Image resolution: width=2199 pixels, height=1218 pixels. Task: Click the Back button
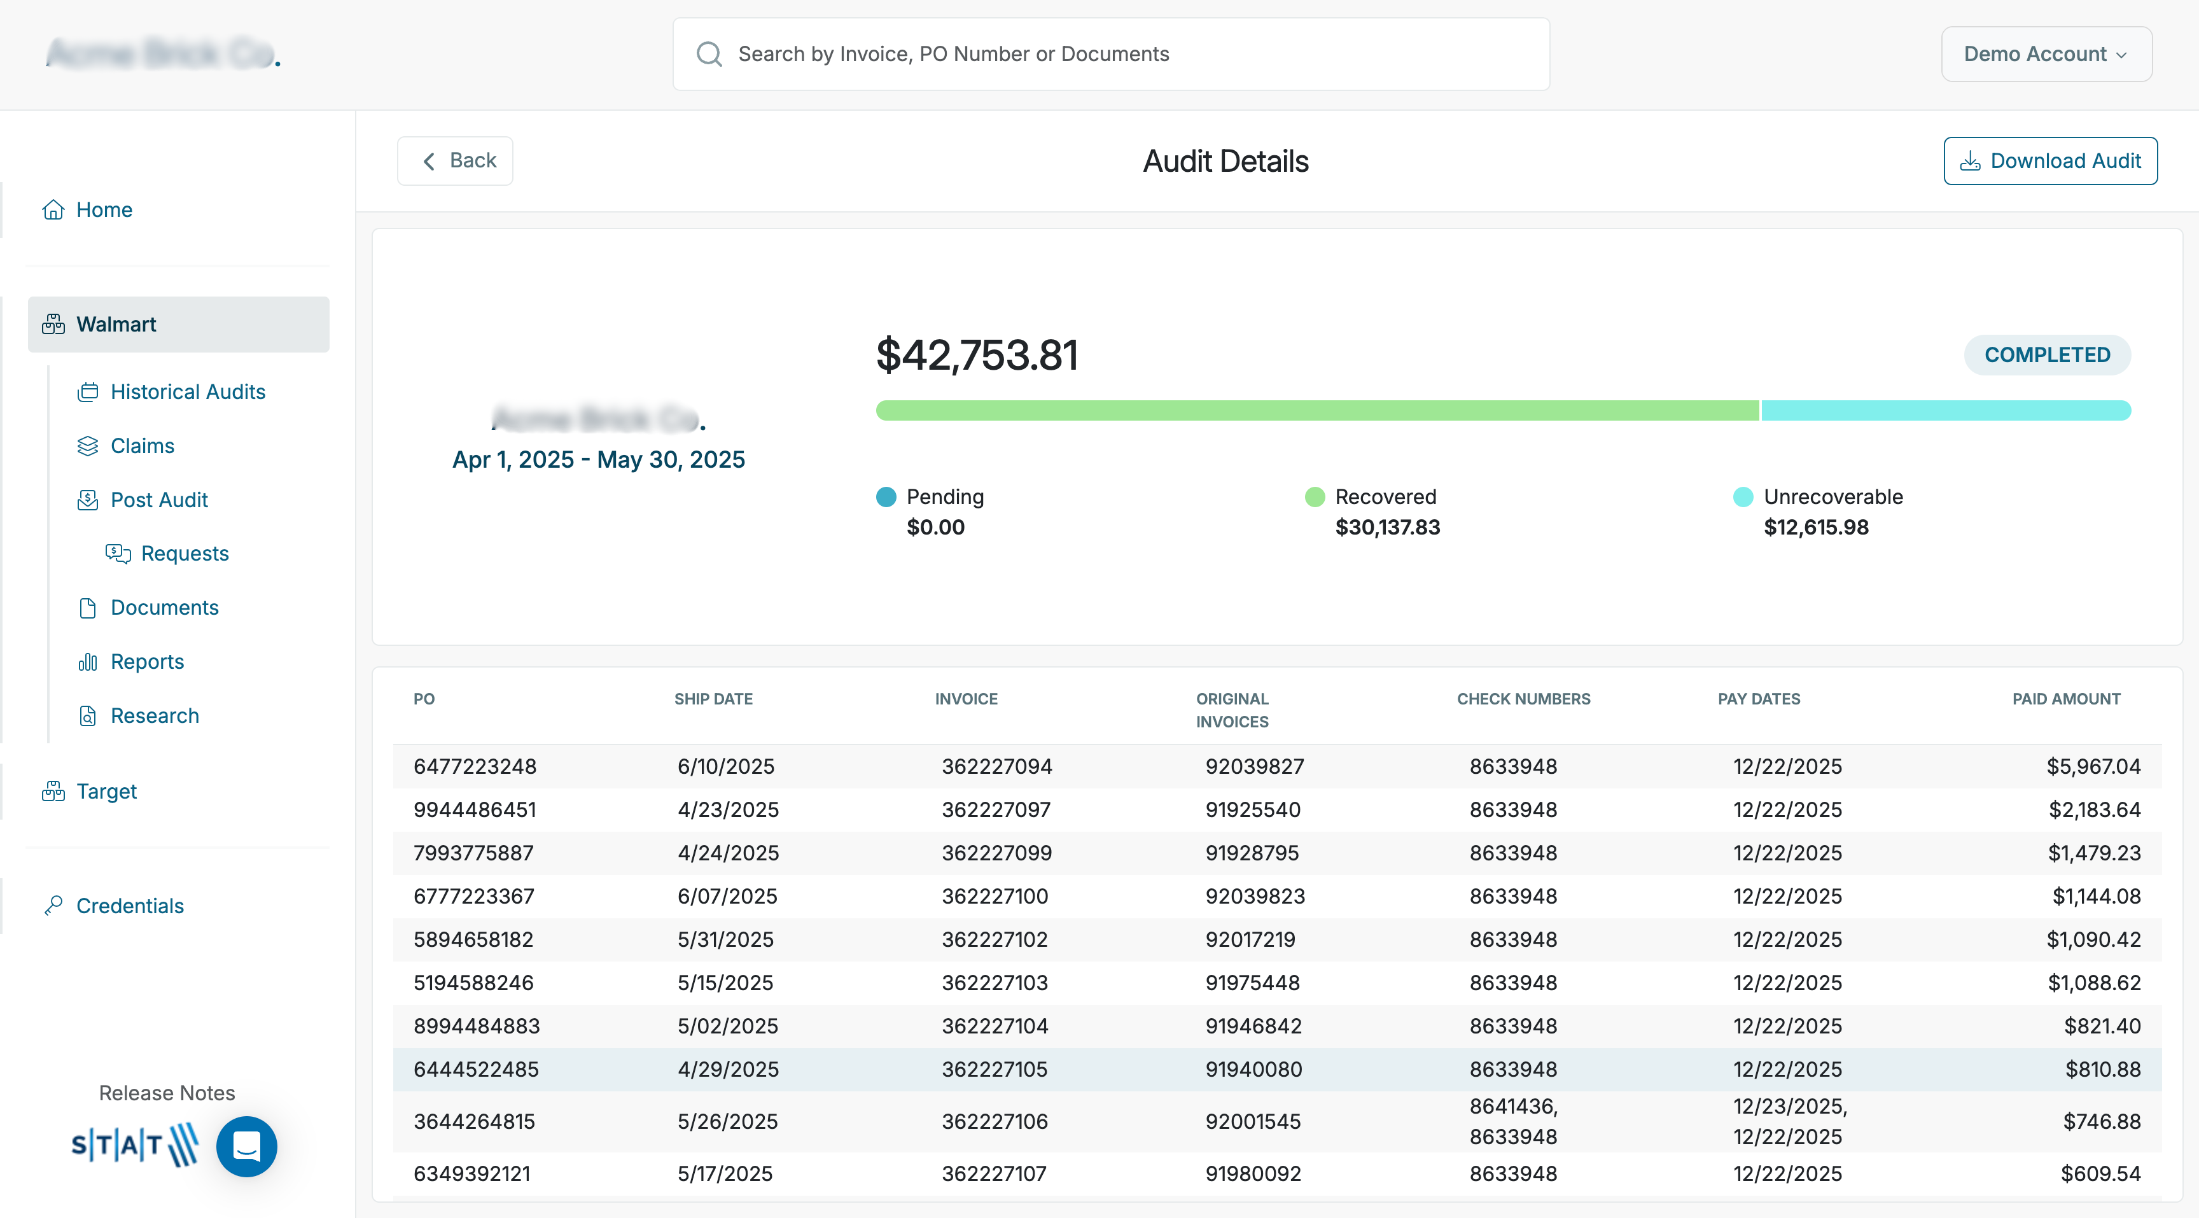[455, 160]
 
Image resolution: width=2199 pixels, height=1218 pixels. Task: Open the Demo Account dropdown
[2046, 54]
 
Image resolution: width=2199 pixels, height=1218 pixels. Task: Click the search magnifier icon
[709, 54]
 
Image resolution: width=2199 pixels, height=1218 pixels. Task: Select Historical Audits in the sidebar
[188, 392]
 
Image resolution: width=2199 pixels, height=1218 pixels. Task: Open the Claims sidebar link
[142, 445]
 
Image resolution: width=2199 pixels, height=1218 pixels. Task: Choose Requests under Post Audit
[185, 553]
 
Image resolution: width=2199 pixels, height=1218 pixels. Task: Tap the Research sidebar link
[155, 715]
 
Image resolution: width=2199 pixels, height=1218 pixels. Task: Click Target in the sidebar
[106, 791]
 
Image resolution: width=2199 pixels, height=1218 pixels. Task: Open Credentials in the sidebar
[130, 906]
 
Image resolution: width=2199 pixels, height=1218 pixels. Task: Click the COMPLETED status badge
[2046, 355]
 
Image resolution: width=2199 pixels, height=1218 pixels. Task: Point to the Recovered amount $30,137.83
[1387, 528]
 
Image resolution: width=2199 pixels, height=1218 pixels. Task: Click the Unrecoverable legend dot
[1742, 497]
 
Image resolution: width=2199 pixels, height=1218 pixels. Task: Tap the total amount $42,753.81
[977, 355]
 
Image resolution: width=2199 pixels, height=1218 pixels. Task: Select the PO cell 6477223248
[475, 766]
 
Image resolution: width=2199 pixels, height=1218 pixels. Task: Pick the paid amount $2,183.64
[2094, 809]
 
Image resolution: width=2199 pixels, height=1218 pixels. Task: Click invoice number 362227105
[994, 1070]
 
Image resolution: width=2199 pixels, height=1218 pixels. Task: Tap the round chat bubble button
[247, 1146]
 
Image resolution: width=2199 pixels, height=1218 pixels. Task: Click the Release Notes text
[167, 1093]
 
